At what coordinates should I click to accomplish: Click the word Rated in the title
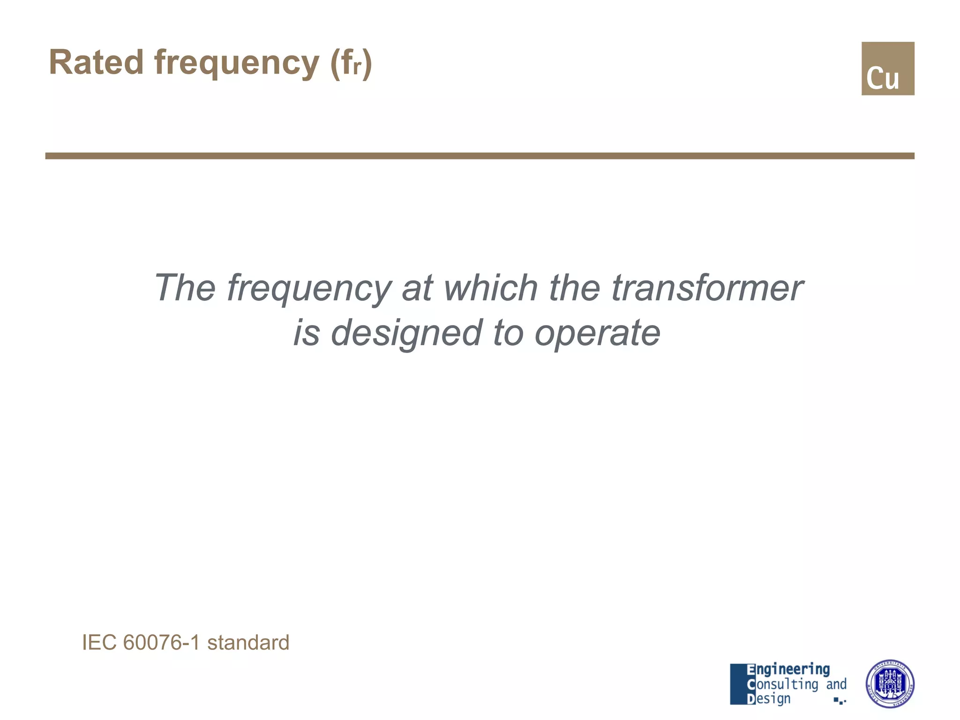coord(96,62)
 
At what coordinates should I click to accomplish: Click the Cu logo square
coord(887,68)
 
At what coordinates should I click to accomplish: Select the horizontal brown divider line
coord(479,156)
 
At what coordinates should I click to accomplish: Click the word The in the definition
coord(185,287)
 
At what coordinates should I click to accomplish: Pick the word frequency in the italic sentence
coord(309,289)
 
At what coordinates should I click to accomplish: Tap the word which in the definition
coord(490,287)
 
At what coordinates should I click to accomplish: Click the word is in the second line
coord(307,333)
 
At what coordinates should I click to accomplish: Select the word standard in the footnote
coord(248,642)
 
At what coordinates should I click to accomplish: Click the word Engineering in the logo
coord(787,670)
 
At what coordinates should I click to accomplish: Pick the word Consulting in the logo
coord(783,684)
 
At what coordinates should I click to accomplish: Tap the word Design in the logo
coord(769,699)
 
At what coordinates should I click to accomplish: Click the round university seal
coord(889,683)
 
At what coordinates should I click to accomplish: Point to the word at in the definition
coord(417,288)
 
